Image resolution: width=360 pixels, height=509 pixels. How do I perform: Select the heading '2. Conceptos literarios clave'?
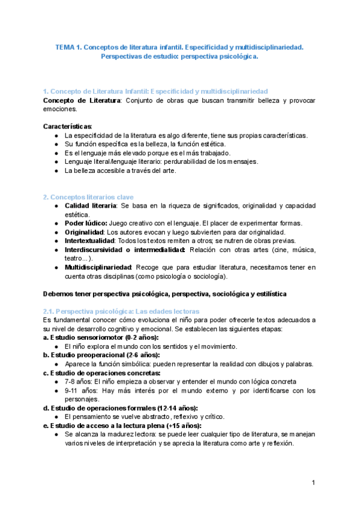[88, 197]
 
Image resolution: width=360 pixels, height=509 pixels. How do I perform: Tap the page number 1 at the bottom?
[313, 483]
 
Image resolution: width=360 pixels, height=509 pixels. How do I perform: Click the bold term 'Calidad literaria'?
[91, 206]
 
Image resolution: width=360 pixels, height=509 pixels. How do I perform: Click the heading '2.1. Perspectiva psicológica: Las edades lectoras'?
[121, 312]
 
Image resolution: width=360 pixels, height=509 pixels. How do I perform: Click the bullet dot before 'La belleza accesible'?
[56, 170]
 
